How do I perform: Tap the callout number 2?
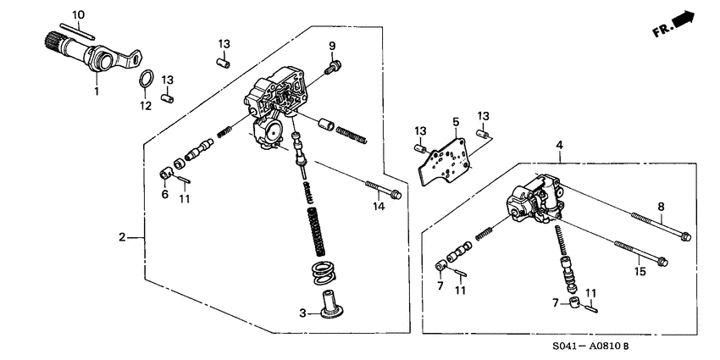point(122,237)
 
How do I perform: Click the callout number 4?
point(558,146)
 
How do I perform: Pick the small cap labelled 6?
point(167,174)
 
